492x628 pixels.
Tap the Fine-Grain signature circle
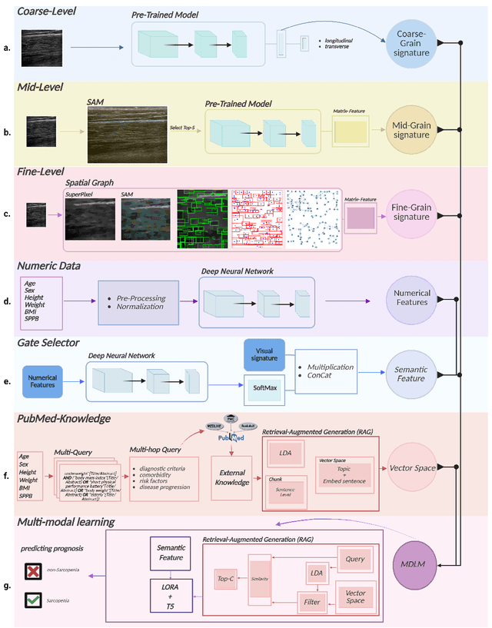(411, 212)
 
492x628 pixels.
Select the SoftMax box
(265, 389)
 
